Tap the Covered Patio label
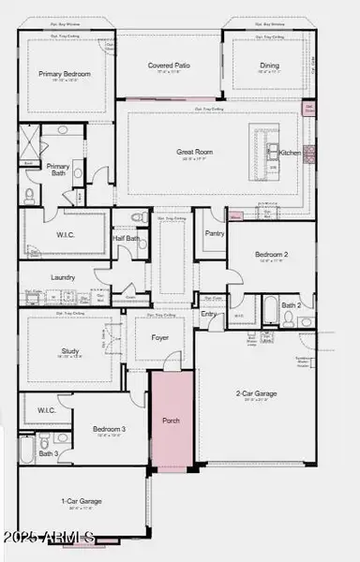pyautogui.click(x=169, y=66)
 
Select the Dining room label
pyautogui.click(x=269, y=66)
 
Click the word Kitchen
pyautogui.click(x=291, y=152)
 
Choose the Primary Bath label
pyautogui.click(x=57, y=170)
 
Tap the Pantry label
pyautogui.click(x=215, y=232)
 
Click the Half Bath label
pyautogui.click(x=127, y=238)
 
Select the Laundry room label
pyautogui.click(x=63, y=277)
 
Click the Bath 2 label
pyautogui.click(x=292, y=305)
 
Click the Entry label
pyautogui.click(x=209, y=314)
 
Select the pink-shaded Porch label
pyautogui.click(x=171, y=420)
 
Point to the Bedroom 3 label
pyautogui.click(x=109, y=430)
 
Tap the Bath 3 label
pyautogui.click(x=48, y=454)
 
